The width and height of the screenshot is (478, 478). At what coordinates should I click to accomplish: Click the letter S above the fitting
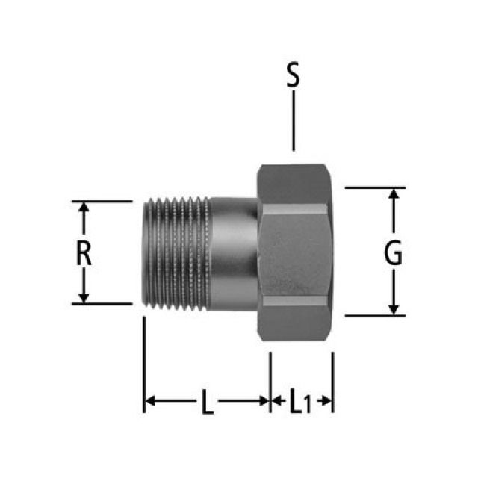tap(294, 75)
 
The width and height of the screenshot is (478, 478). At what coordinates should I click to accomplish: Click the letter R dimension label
tap(84, 253)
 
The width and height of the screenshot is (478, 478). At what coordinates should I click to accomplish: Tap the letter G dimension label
tap(393, 253)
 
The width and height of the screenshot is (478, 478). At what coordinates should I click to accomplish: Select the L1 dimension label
tap(300, 401)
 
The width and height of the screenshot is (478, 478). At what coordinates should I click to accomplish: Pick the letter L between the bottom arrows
tap(208, 401)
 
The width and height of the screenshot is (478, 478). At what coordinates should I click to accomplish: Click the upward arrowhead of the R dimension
tap(84, 208)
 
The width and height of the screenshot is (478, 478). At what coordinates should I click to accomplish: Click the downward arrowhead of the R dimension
tap(84, 298)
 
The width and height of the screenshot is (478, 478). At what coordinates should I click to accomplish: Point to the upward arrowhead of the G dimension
tap(394, 194)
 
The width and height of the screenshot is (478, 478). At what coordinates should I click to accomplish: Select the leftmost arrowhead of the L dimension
tap(150, 401)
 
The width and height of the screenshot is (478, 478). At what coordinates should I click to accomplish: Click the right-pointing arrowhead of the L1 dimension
tap(326, 401)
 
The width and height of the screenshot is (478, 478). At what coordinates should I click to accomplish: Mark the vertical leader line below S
tap(294, 121)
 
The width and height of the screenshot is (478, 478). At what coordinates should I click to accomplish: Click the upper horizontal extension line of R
tap(102, 201)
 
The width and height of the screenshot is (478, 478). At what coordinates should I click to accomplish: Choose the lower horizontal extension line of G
tap(375, 316)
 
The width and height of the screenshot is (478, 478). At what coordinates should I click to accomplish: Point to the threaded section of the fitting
tap(177, 254)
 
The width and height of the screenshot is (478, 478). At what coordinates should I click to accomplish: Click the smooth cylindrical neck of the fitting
tap(234, 254)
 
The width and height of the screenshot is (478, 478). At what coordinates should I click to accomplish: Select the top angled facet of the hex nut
tap(294, 184)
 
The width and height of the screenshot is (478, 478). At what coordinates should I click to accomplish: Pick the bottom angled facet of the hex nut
tap(294, 323)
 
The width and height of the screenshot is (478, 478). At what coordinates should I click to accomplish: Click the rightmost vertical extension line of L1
tap(333, 382)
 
